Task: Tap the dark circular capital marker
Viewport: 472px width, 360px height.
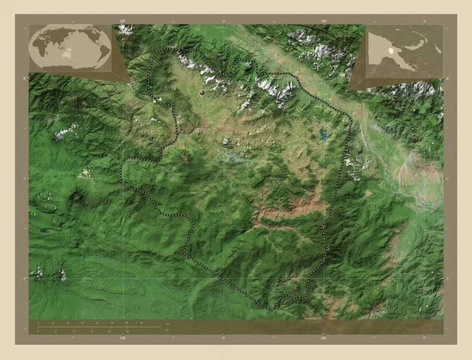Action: click(203, 93)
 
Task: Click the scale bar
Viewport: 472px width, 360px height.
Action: click(102, 325)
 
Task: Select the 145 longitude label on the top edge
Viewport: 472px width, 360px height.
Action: click(122, 20)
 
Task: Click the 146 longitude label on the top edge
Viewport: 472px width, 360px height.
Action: click(323, 20)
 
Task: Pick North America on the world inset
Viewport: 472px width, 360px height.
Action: click(88, 35)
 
